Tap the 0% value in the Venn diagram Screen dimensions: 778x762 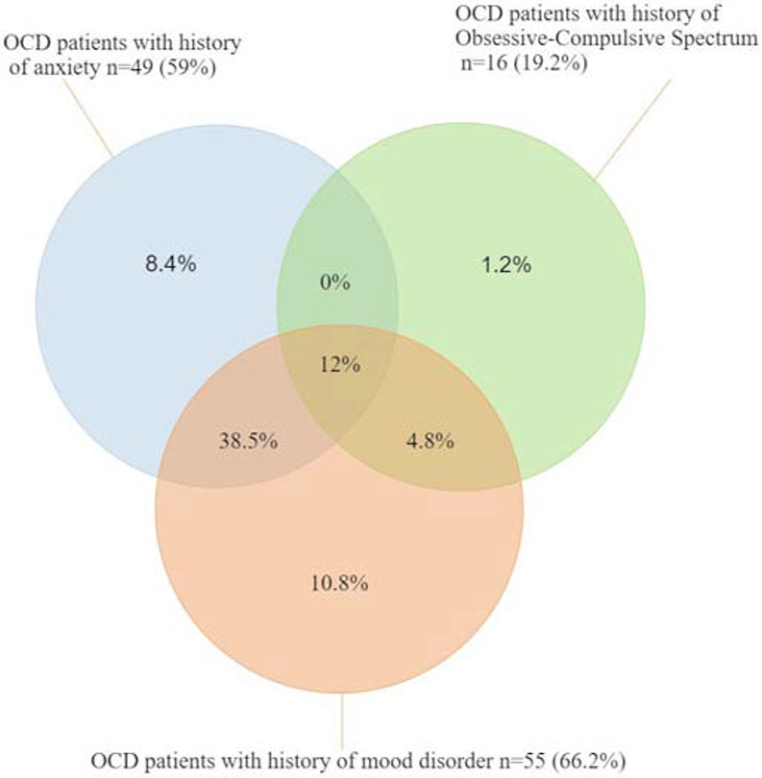point(336,282)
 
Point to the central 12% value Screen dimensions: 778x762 point(338,365)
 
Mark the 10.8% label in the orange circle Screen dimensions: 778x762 point(339,583)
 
